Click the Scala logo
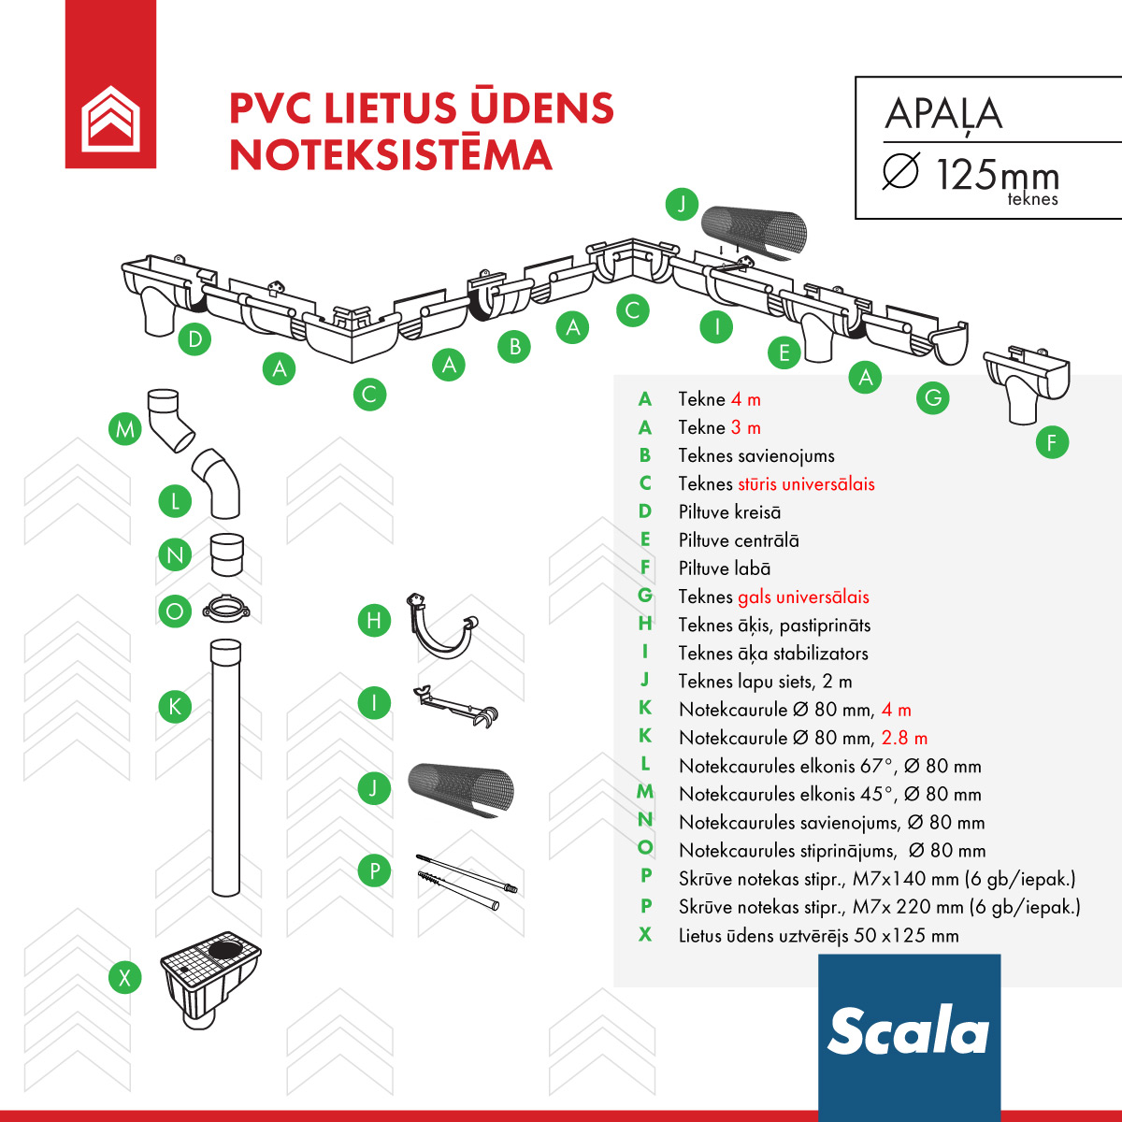point(908,1031)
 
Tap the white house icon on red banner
point(110,117)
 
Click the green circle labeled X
point(124,978)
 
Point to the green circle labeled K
point(175,706)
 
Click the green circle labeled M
point(124,429)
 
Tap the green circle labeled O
point(175,611)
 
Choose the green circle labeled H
point(374,620)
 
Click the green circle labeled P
point(374,871)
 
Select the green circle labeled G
point(932,398)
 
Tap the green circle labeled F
point(1052,442)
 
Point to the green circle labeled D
point(194,338)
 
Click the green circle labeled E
point(784,352)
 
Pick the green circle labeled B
point(514,347)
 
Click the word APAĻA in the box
point(943,114)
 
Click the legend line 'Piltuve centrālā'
point(739,540)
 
